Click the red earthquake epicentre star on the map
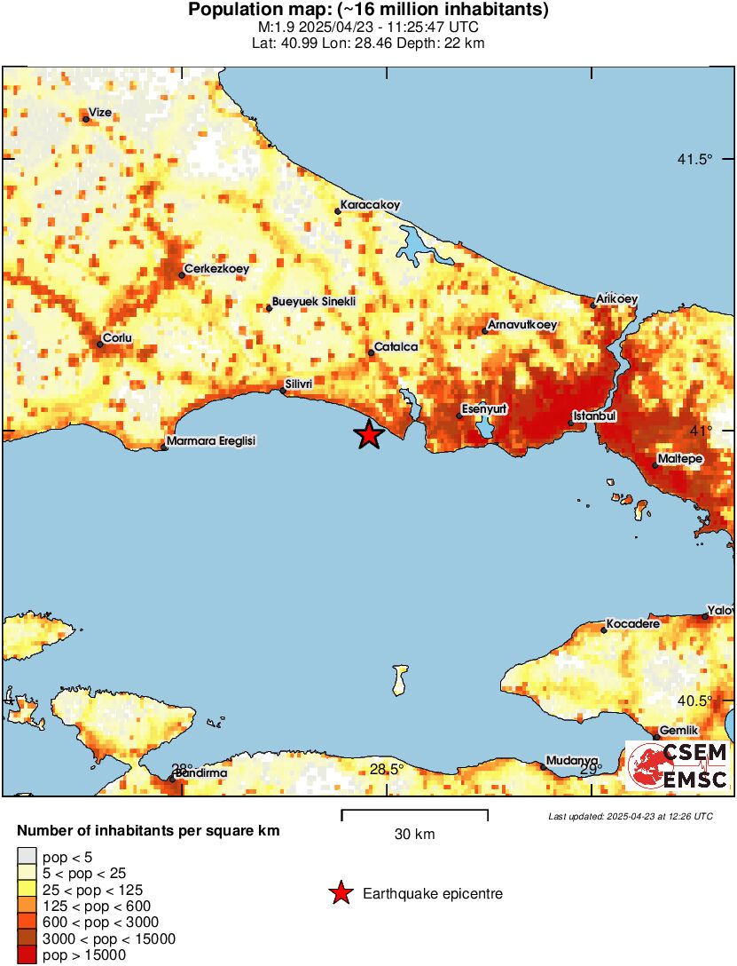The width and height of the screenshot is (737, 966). tap(369, 434)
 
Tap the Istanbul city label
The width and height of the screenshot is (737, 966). tap(594, 416)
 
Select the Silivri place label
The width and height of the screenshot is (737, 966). tap(299, 384)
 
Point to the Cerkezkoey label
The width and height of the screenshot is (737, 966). tap(216, 269)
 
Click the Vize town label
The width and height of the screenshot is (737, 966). tap(99, 113)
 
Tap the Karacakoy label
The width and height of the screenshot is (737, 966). tap(370, 205)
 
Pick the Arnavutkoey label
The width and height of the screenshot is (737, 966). tap(522, 325)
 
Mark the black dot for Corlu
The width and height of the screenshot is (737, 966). tap(100, 344)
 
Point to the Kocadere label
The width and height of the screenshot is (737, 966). tap(633, 624)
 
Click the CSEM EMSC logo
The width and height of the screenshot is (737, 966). tap(678, 766)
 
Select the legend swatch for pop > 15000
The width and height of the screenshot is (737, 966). tap(27, 955)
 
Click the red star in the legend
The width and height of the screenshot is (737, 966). tap(341, 894)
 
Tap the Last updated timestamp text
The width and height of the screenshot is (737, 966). tap(630, 816)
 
